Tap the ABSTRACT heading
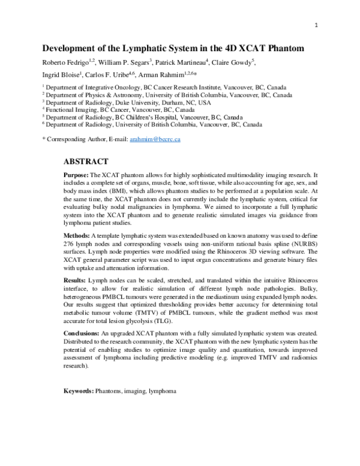click(86, 162)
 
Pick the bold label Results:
click(76, 297)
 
